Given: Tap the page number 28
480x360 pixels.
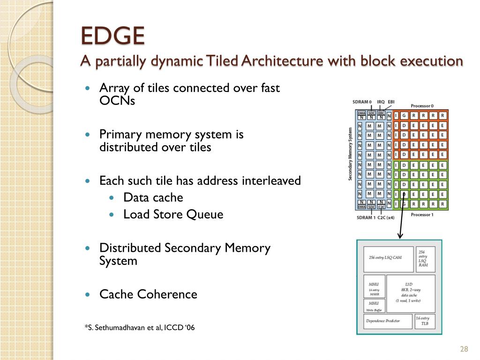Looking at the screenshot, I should tap(465, 349).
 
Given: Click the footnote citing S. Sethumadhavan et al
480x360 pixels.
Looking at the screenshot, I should tap(139, 328).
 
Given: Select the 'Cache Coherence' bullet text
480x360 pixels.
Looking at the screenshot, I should tap(148, 294).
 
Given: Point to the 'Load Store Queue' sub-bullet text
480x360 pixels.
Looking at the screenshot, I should tap(173, 215).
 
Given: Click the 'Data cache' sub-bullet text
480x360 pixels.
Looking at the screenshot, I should tap(153, 198).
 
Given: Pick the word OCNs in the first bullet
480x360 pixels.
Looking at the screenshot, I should tap(117, 101).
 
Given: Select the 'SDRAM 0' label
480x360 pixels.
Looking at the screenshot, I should tap(362, 102).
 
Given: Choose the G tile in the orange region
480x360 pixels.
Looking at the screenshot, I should tap(405, 116).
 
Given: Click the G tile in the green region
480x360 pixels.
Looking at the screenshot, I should tap(405, 204).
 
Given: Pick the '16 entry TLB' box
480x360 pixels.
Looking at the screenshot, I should tap(425, 321).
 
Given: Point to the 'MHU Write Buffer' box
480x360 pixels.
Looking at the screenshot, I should tap(374, 306).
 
